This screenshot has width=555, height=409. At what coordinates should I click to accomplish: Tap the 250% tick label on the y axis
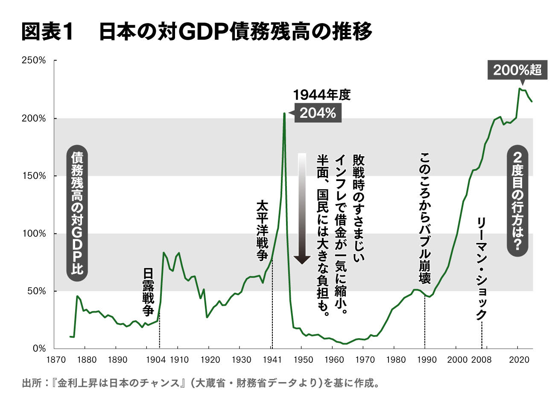click(x=34, y=61)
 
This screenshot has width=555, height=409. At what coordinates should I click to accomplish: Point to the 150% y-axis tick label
click(x=34, y=176)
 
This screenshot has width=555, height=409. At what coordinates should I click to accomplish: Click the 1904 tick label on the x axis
click(x=155, y=360)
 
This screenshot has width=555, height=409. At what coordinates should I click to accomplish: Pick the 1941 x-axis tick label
click(x=272, y=360)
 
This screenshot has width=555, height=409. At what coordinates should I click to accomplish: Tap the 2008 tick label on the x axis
click(x=481, y=360)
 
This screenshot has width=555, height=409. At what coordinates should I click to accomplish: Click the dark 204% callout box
click(x=317, y=113)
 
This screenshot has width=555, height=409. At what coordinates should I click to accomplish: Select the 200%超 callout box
click(x=517, y=70)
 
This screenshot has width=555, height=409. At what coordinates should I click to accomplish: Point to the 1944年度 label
click(x=321, y=95)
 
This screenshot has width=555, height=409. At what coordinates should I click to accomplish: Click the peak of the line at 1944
click(x=284, y=114)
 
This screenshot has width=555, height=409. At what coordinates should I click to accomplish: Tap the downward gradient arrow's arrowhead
click(x=302, y=260)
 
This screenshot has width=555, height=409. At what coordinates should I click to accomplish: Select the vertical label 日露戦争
click(x=148, y=292)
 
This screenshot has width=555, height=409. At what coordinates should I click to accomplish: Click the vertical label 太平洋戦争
click(x=262, y=230)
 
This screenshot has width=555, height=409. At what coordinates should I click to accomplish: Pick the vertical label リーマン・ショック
click(x=481, y=269)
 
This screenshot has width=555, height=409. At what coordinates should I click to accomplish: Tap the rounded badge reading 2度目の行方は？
click(x=517, y=201)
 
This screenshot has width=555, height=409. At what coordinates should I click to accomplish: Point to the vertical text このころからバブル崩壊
click(x=424, y=218)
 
